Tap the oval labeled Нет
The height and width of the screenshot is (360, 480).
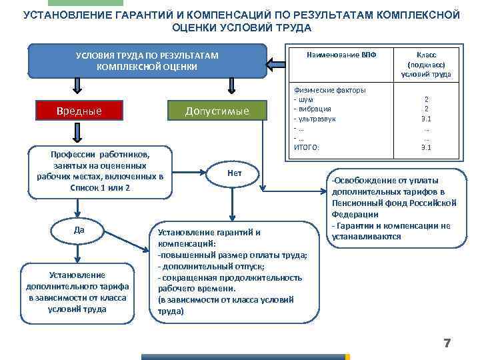pos(234,173)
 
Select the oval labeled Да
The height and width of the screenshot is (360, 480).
pos(79,229)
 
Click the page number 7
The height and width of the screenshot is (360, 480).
pos(447,343)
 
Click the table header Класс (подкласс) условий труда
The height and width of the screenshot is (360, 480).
pos(426,64)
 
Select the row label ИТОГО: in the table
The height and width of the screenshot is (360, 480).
pos(307,147)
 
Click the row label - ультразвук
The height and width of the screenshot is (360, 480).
pos(316,118)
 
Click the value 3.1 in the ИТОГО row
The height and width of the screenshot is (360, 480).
pos(426,147)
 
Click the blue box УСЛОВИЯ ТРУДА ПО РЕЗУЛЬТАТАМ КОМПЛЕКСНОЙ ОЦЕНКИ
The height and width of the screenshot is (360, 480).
pos(147,61)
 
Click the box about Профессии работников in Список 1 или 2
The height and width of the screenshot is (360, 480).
pos(100,170)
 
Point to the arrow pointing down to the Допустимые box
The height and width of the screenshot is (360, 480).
pos(217,85)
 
